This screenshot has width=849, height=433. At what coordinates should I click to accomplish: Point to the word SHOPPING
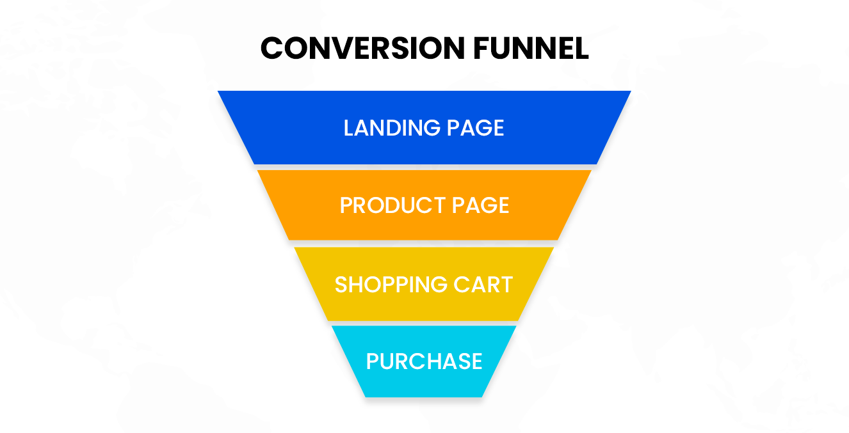(388, 285)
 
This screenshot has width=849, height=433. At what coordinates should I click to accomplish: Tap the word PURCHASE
(424, 361)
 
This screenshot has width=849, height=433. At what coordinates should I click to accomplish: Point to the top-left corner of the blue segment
(219, 92)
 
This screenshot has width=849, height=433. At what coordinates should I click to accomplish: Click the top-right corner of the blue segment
(629, 92)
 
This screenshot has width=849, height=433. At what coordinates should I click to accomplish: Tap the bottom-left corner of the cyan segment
(366, 396)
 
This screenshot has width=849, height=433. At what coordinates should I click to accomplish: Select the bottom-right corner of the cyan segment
(481, 396)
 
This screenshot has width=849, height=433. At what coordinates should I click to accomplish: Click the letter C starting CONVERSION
(273, 48)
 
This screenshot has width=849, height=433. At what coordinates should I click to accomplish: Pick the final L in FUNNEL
(581, 48)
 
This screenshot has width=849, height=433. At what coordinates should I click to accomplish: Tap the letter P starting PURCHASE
(372, 361)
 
